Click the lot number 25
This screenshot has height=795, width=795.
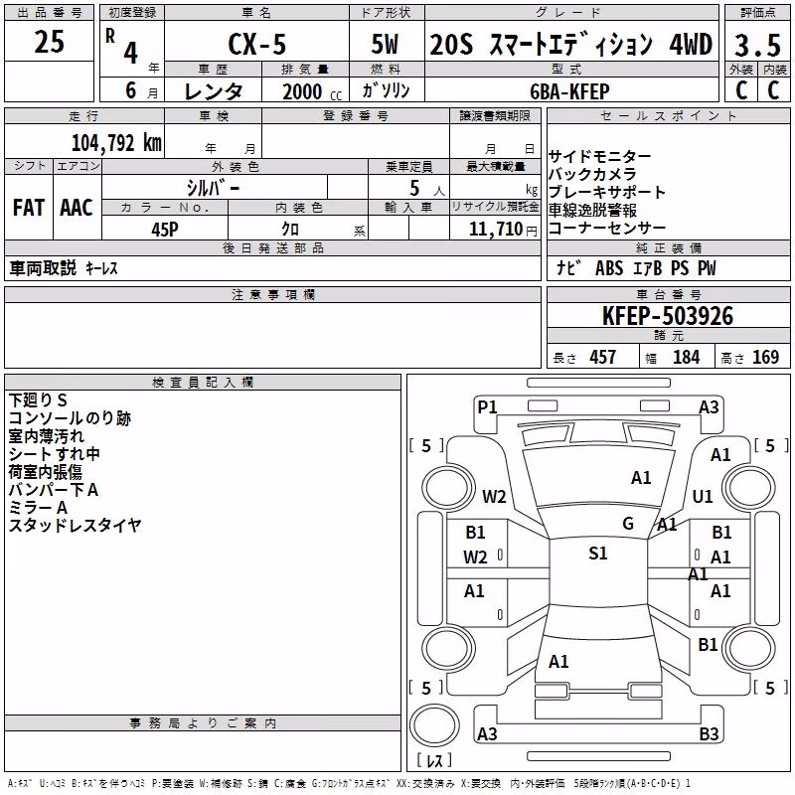pyautogui.click(x=49, y=41)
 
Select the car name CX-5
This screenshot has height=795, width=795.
pyautogui.click(x=257, y=44)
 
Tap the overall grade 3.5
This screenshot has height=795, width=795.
pyautogui.click(x=757, y=45)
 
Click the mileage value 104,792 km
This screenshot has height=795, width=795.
pyautogui.click(x=116, y=143)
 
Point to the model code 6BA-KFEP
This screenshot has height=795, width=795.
pyautogui.click(x=569, y=91)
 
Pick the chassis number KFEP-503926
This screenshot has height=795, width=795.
pyautogui.click(x=668, y=316)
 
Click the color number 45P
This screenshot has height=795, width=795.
pyautogui.click(x=165, y=230)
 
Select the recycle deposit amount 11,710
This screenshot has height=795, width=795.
pyautogui.click(x=495, y=230)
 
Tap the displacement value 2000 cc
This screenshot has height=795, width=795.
pyautogui.click(x=312, y=91)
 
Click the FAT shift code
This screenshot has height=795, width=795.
pyautogui.click(x=29, y=208)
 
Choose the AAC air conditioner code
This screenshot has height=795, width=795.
pyautogui.click(x=77, y=208)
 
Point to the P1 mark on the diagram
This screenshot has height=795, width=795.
pyautogui.click(x=487, y=407)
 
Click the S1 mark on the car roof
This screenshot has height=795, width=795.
pyautogui.click(x=598, y=554)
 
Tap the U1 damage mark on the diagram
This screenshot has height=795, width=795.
pyautogui.click(x=703, y=496)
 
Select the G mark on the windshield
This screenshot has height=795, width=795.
pyautogui.click(x=628, y=524)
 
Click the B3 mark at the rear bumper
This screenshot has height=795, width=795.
pyautogui.click(x=709, y=733)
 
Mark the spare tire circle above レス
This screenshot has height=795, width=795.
pyautogui.click(x=434, y=725)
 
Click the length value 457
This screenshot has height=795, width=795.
pyautogui.click(x=603, y=358)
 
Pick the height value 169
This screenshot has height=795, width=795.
pyautogui.click(x=765, y=358)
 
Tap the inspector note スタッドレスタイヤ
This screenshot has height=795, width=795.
pyautogui.click(x=75, y=526)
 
